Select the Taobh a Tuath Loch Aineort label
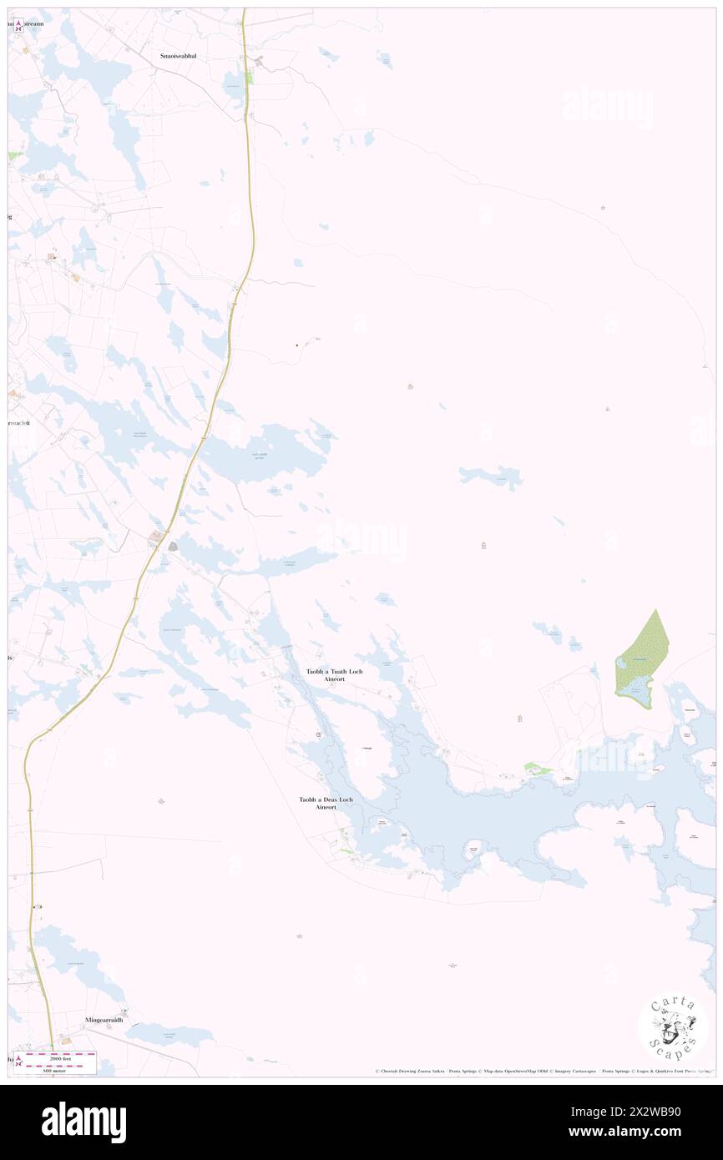334,675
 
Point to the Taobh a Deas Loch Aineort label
326,803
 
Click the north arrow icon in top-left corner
18,24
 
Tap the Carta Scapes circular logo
673,1026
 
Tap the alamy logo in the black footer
83,1122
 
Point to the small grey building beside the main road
173,546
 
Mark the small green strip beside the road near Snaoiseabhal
248,78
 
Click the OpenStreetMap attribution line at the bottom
543,1072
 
